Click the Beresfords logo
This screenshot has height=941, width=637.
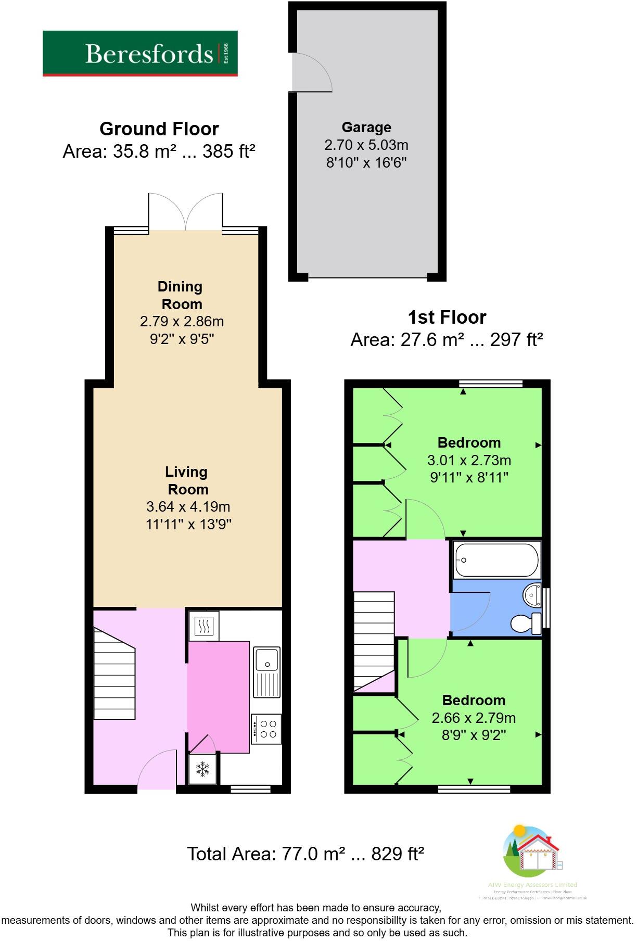coord(140,54)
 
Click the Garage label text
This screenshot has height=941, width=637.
coord(366,128)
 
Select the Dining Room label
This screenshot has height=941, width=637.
coord(180,295)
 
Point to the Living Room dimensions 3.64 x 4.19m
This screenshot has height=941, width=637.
coord(188,506)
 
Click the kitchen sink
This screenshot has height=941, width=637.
coord(266,671)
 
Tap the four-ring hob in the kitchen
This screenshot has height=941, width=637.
coord(267,729)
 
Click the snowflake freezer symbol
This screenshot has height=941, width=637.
coord(202,769)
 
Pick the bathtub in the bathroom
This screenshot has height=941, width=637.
coord(496,560)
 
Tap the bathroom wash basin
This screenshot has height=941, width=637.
coord(532,594)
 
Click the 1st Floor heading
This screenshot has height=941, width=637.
coord(447,317)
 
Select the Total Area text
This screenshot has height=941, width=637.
coord(305,854)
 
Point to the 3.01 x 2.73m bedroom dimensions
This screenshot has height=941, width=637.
coord(469,460)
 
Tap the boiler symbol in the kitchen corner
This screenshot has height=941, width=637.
coord(203,626)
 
